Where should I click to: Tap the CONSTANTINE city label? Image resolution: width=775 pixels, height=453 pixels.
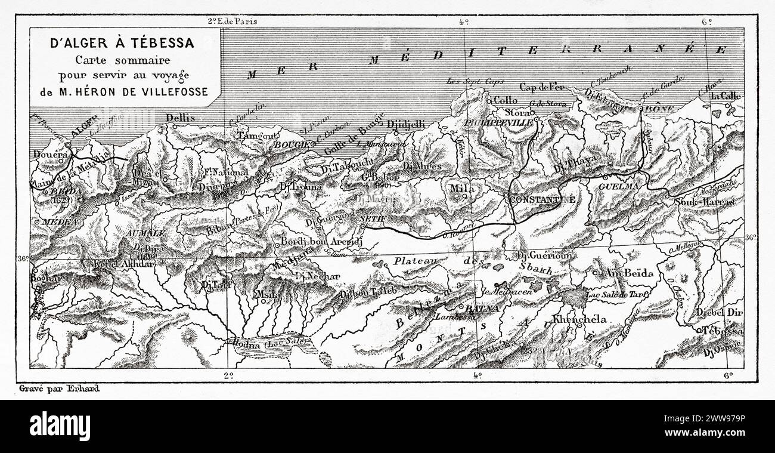coord(542,199)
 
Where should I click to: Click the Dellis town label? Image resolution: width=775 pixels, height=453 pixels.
coord(181,118)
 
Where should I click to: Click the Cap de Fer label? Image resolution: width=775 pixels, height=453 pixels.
coord(541,87)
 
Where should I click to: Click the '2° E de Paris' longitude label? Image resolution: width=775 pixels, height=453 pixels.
coord(231,21)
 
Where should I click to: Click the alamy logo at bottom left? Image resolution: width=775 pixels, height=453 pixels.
coord(60,426)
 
